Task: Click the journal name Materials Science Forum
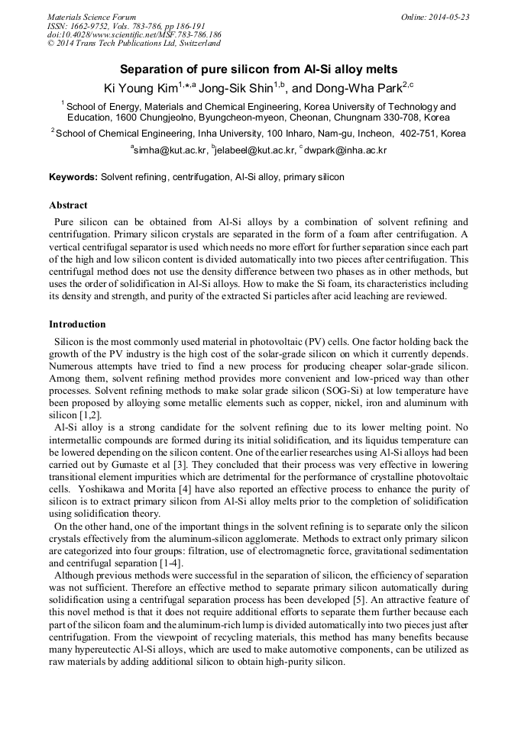(x=92, y=17)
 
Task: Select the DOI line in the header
(x=134, y=35)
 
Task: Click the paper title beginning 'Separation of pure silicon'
(x=258, y=69)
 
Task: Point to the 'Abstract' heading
(x=68, y=205)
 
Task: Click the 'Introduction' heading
(x=77, y=324)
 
